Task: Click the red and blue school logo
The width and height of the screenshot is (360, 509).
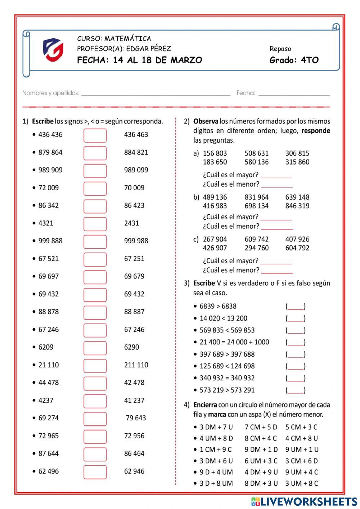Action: (x=53, y=49)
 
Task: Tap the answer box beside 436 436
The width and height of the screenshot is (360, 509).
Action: (x=95, y=135)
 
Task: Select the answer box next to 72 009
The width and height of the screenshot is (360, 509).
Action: (x=95, y=188)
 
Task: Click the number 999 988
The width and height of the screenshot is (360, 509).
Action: (x=136, y=241)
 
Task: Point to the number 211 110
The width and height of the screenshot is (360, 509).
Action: (x=136, y=365)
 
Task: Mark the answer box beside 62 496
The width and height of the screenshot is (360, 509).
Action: (x=95, y=472)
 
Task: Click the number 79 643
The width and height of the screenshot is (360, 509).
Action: (x=136, y=418)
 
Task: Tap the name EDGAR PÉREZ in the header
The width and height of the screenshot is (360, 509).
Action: (x=148, y=49)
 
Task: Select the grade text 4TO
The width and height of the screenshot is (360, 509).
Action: (x=310, y=60)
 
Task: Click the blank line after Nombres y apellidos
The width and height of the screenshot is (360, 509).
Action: (x=156, y=94)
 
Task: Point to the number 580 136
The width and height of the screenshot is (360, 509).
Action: (x=257, y=162)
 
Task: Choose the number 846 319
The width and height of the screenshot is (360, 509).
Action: (x=297, y=206)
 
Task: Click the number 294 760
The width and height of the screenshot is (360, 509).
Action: (x=257, y=248)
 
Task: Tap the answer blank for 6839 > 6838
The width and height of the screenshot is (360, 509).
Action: (x=296, y=307)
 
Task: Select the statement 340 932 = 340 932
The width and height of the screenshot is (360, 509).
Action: (x=227, y=378)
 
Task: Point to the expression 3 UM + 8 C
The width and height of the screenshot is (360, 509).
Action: (x=302, y=483)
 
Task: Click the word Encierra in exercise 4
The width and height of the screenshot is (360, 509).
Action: (x=205, y=405)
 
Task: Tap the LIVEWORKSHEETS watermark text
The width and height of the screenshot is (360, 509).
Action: (x=309, y=501)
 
